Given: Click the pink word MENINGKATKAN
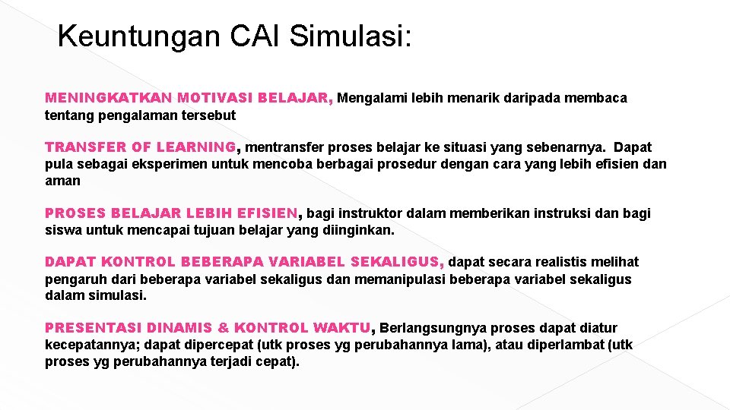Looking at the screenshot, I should point(109,98).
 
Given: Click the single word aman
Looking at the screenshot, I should point(62,181).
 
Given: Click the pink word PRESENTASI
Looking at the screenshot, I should point(93,328).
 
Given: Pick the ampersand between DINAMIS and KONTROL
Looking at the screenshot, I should point(223,328).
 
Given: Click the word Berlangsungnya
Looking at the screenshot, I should point(433,328).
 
